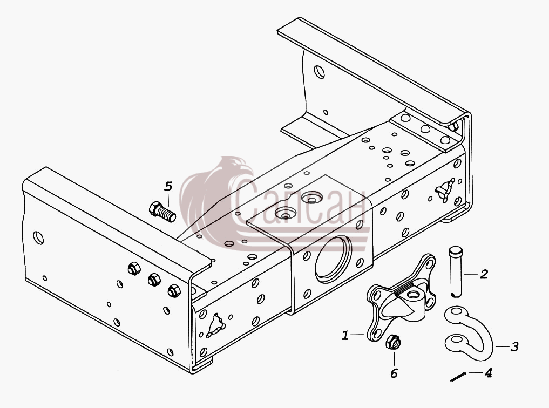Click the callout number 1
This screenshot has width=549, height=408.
[x=345, y=336]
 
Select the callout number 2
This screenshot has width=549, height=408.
[x=484, y=274]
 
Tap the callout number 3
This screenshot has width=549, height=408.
[x=514, y=347]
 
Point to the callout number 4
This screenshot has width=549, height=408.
[x=489, y=373]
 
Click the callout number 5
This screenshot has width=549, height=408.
[x=168, y=186]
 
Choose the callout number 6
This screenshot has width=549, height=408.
[x=394, y=373]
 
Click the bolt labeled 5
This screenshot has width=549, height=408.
[x=162, y=212]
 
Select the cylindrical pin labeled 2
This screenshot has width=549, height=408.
[x=456, y=272]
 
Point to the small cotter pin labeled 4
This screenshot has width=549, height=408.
[x=458, y=377]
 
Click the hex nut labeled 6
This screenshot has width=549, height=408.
[x=393, y=342]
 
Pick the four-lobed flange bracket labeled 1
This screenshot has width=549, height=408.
[x=401, y=298]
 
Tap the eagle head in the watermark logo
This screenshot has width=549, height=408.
[x=238, y=168]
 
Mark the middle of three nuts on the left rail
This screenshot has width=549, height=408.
[x=154, y=280]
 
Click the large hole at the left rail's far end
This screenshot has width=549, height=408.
[x=38, y=238]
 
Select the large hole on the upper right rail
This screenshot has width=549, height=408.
[x=320, y=72]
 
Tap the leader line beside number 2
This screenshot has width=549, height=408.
[x=471, y=274]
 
